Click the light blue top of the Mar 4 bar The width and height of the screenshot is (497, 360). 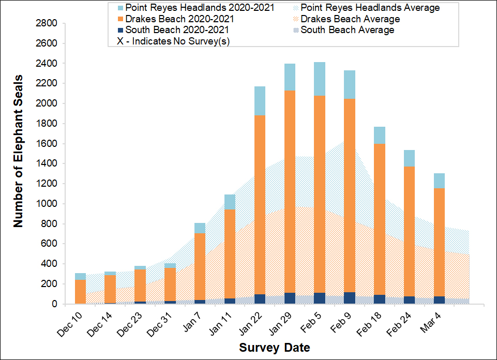[439, 181]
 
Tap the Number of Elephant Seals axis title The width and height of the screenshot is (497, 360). [19, 164]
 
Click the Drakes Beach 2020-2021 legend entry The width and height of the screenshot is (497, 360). [176, 19]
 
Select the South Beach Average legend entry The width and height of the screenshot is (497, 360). [348, 30]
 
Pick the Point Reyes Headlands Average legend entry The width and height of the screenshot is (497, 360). [370, 8]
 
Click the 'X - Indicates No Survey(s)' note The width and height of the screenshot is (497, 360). [174, 41]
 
